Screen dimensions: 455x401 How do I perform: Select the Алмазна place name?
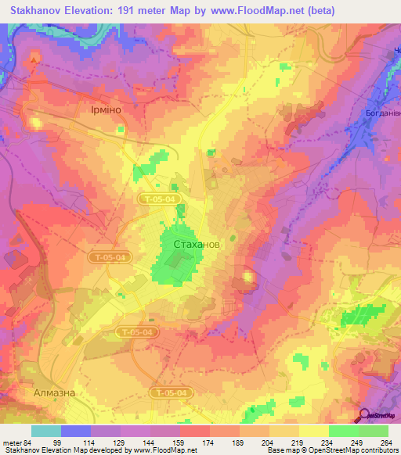click(54, 392)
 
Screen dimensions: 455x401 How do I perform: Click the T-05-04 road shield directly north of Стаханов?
click(161, 200)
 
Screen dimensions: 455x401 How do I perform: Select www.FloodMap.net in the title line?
click(269, 11)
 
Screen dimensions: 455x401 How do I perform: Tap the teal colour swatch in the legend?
click(46, 431)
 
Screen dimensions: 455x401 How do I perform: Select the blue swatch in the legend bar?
click(76, 431)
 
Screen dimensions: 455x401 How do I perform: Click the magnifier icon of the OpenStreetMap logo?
click(363, 415)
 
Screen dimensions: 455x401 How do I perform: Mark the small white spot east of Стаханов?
click(248, 276)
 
